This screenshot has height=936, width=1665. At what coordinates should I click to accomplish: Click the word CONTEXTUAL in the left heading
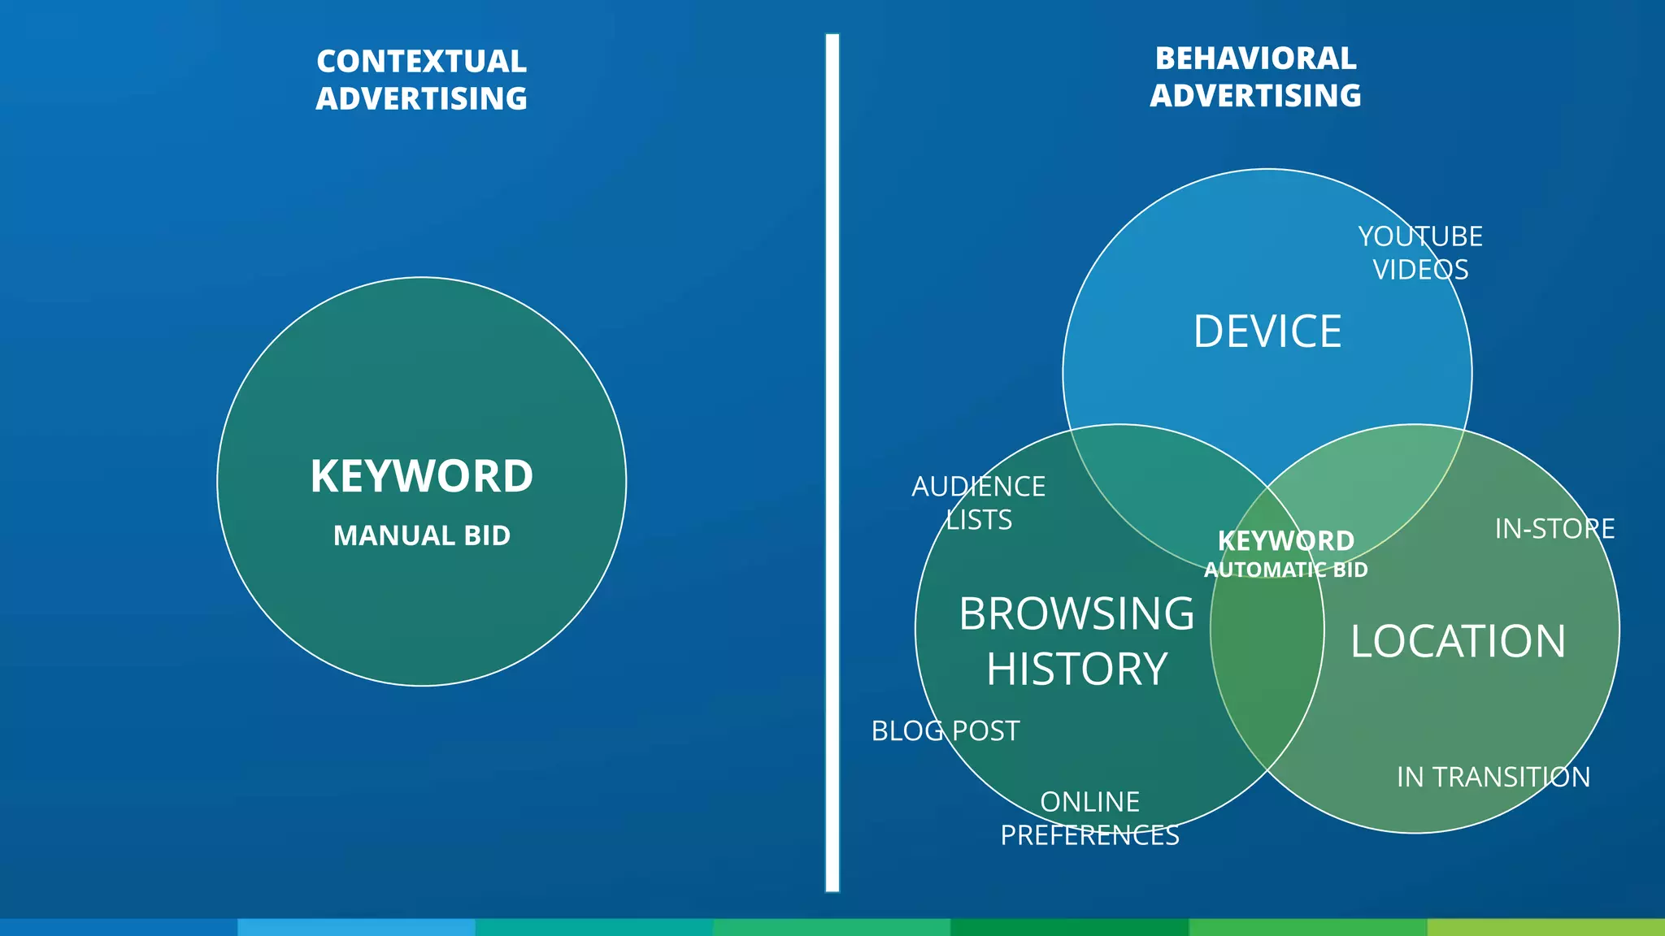pos(421,62)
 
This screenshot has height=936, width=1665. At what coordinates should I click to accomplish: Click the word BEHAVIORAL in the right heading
pos(1255,58)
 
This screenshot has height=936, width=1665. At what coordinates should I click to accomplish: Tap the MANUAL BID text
pos(421,535)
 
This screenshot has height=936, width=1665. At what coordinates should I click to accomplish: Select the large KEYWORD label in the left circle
pos(421,476)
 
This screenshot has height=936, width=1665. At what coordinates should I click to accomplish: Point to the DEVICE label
pos(1267,331)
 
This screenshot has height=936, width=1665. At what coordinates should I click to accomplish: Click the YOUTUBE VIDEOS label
pos(1420,253)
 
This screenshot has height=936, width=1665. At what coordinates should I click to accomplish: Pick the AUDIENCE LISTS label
pos(979,503)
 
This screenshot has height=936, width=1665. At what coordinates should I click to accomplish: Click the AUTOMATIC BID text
pos(1285,570)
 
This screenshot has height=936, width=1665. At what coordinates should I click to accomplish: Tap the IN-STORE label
pos(1554,529)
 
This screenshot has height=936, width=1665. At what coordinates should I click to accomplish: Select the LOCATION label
pos(1458,641)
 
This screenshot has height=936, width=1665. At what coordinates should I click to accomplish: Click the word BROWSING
pos(1076,613)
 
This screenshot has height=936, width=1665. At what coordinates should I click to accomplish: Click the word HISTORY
pos(1076,669)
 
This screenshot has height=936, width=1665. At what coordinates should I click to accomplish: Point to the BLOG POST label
pos(945,731)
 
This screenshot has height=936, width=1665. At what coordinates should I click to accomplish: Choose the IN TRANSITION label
pos(1493,778)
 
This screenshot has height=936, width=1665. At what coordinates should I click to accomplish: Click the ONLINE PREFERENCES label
pos(1089,818)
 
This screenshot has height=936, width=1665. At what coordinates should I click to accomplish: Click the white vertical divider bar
pos(832,463)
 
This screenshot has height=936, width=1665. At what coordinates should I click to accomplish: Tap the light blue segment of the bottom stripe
pos(356,927)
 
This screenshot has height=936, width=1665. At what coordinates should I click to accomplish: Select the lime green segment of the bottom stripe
pos(1545,927)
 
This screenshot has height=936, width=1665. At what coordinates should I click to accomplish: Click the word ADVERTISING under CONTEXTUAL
pos(421,99)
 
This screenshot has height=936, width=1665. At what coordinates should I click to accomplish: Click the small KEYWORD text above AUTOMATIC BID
pos(1285,541)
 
